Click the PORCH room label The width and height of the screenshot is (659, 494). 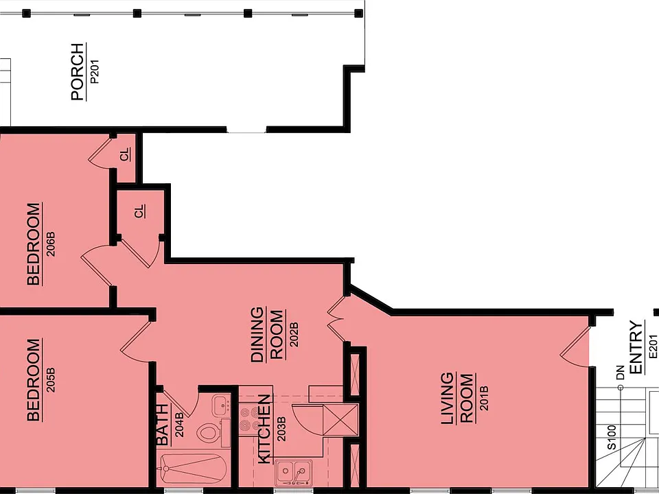coord(78,71)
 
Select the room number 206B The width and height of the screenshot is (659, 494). coord(51,244)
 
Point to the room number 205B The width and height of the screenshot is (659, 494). coord(51,379)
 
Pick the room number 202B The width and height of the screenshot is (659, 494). coord(294,334)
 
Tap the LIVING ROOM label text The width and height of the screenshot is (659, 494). coord(458,398)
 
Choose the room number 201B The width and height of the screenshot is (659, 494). coord(484,398)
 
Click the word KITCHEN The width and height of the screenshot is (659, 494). coord(264,429)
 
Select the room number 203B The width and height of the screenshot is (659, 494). coord(281,429)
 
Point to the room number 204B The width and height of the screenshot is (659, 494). coord(179,425)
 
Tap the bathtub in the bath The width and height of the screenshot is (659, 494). coord(193,469)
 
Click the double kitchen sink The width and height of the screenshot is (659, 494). coord(294,472)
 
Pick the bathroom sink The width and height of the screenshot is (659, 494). coord(220,405)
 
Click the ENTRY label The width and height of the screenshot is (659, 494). coord(637,347)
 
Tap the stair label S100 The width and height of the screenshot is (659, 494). coord(612,437)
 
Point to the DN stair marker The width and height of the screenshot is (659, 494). coord(621,373)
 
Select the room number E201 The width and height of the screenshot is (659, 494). coord(653,347)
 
